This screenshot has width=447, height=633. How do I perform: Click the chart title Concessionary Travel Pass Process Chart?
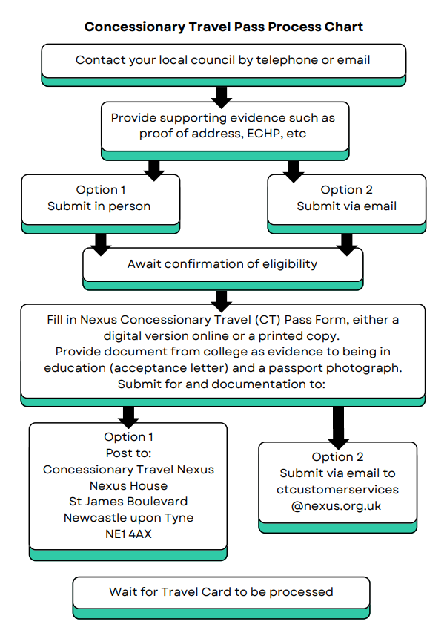223,27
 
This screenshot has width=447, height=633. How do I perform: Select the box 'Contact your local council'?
223,60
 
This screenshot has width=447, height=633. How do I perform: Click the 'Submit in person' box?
99,198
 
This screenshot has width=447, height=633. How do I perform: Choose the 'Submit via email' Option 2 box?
346,198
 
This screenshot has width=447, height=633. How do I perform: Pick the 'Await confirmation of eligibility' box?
222,264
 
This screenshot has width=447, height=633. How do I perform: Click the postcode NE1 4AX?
128,534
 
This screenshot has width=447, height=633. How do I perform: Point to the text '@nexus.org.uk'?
337,505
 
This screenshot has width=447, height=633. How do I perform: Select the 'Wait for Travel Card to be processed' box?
221,592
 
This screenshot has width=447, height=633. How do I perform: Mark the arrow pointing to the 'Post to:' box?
129,415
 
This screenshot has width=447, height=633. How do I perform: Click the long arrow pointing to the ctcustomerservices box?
339,424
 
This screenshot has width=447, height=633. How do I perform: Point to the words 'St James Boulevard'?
128,502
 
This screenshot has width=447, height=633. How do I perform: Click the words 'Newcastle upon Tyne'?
128,517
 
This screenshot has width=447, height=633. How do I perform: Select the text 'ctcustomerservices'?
337,489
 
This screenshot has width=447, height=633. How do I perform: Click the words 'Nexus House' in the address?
128,485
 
